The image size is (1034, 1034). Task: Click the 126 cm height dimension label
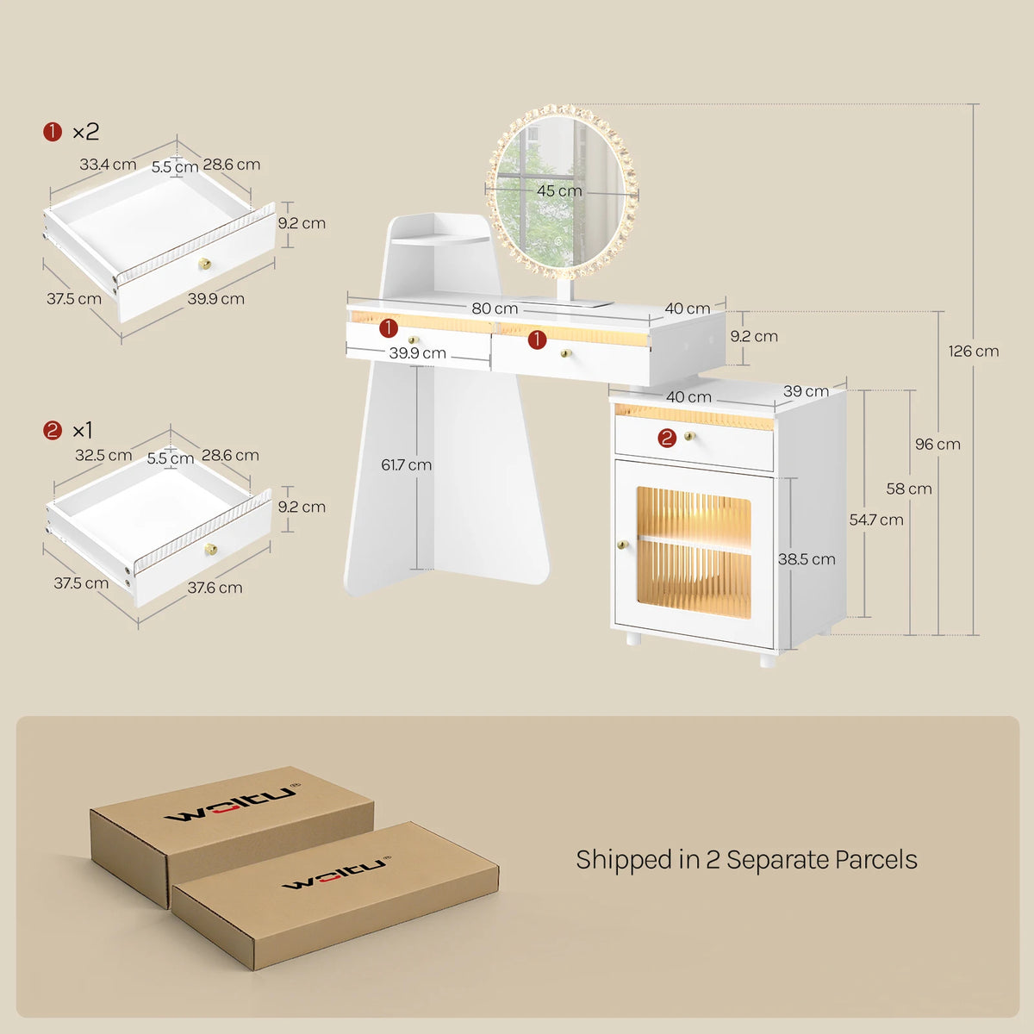[974, 352]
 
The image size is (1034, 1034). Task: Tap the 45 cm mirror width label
[559, 190]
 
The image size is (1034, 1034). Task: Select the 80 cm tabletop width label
[495, 308]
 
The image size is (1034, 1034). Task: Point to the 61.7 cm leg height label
[406, 464]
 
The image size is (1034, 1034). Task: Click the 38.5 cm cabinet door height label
[807, 559]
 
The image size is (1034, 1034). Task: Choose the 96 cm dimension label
[937, 445]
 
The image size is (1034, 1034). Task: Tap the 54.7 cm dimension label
[876, 520]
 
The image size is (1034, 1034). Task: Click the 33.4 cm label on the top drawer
[108, 165]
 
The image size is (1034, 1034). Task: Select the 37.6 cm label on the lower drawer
[215, 588]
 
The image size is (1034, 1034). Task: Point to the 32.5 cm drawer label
[103, 456]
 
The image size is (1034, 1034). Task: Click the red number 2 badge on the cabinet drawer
[667, 439]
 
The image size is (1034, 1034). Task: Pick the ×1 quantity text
[83, 430]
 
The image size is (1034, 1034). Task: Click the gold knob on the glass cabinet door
[622, 545]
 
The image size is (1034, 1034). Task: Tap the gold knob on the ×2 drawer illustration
[204, 264]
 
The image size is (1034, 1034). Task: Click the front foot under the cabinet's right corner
[768, 659]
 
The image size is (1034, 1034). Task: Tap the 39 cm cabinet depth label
[806, 391]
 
